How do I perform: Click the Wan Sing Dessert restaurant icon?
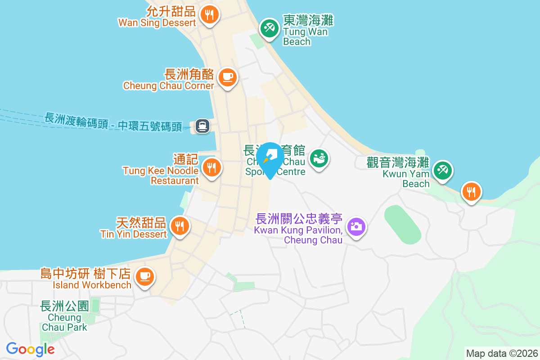(209, 14)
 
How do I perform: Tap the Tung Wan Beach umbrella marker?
(270, 28)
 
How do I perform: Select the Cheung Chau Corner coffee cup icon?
(228, 77)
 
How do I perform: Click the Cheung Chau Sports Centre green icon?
(319, 158)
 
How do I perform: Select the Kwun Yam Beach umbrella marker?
(442, 170)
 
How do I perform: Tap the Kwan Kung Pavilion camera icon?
(356, 226)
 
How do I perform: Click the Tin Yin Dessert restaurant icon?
(180, 226)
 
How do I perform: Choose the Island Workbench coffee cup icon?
(144, 275)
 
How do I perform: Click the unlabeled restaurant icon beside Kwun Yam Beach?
(471, 192)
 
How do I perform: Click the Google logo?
(31, 349)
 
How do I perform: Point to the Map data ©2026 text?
(502, 353)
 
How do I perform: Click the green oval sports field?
(403, 225)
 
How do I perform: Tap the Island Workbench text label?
(92, 285)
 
